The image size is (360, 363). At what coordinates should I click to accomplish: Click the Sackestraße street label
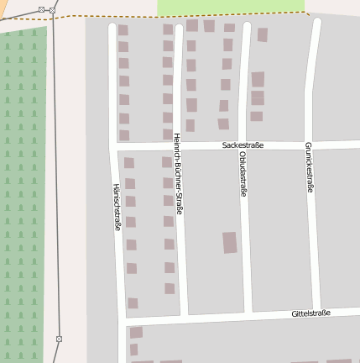pyautogui.click(x=243, y=145)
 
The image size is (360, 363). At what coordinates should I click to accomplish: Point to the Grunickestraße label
pyautogui.click(x=309, y=167)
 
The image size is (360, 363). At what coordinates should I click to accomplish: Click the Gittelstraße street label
pyautogui.click(x=310, y=313)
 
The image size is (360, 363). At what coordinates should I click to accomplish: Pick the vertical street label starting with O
pyautogui.click(x=243, y=174)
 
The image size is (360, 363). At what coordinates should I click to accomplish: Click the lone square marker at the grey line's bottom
pyautogui.click(x=59, y=339)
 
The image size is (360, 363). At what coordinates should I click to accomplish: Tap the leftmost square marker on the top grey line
pyautogui.click(x=41, y=9)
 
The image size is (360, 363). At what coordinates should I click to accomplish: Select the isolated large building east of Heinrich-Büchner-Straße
pyautogui.click(x=229, y=243)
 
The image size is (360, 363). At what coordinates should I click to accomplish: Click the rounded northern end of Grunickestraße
pyautogui.click(x=316, y=23)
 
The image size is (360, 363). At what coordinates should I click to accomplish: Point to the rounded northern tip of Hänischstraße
pyautogui.click(x=112, y=28)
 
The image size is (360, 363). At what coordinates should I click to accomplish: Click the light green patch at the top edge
pyautogui.click(x=230, y=6)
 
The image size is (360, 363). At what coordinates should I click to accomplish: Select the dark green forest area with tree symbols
pyautogui.click(x=22, y=193)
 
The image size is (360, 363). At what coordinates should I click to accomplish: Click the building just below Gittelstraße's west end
pyautogui.click(x=136, y=333)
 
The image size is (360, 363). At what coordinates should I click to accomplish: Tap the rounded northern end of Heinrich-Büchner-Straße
pyautogui.click(x=178, y=29)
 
